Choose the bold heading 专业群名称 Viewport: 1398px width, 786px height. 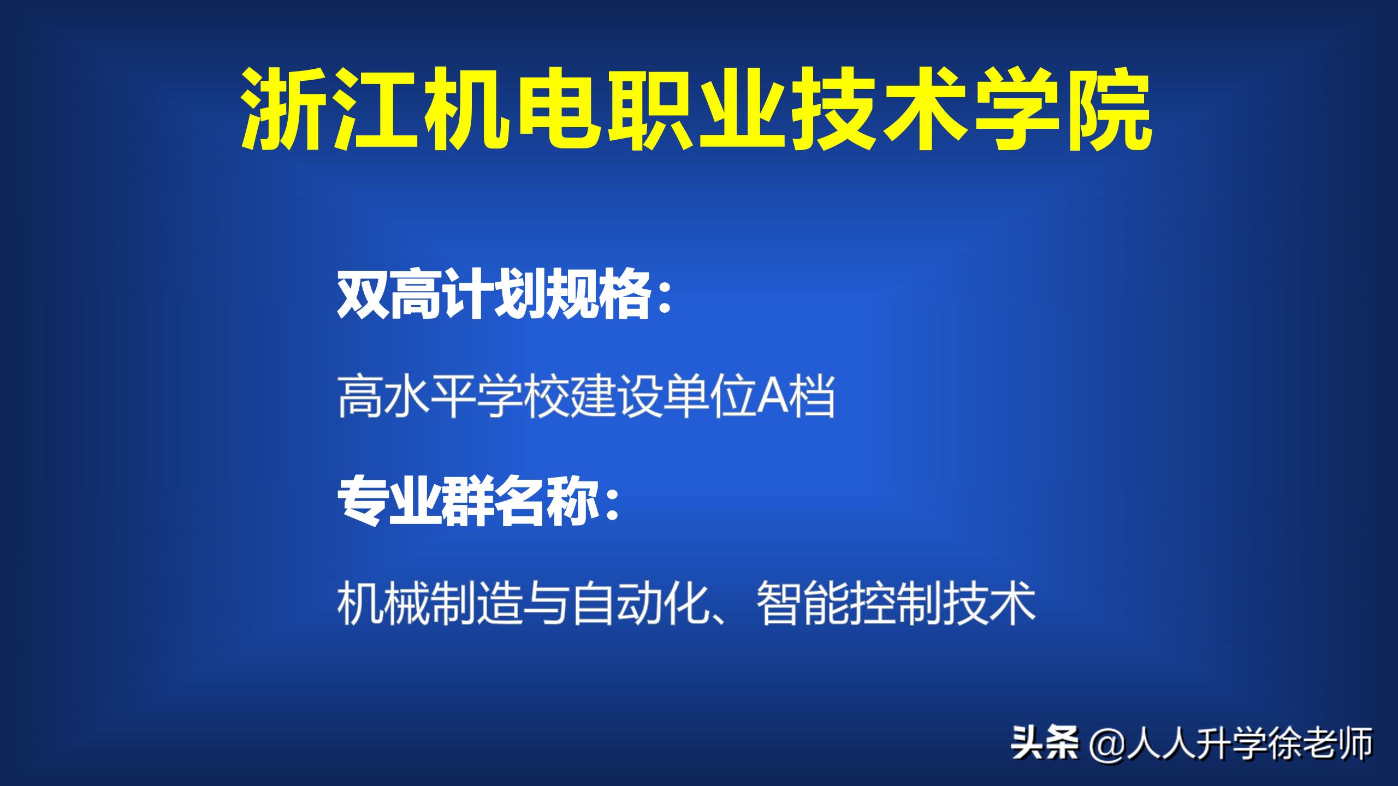coord(467,505)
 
